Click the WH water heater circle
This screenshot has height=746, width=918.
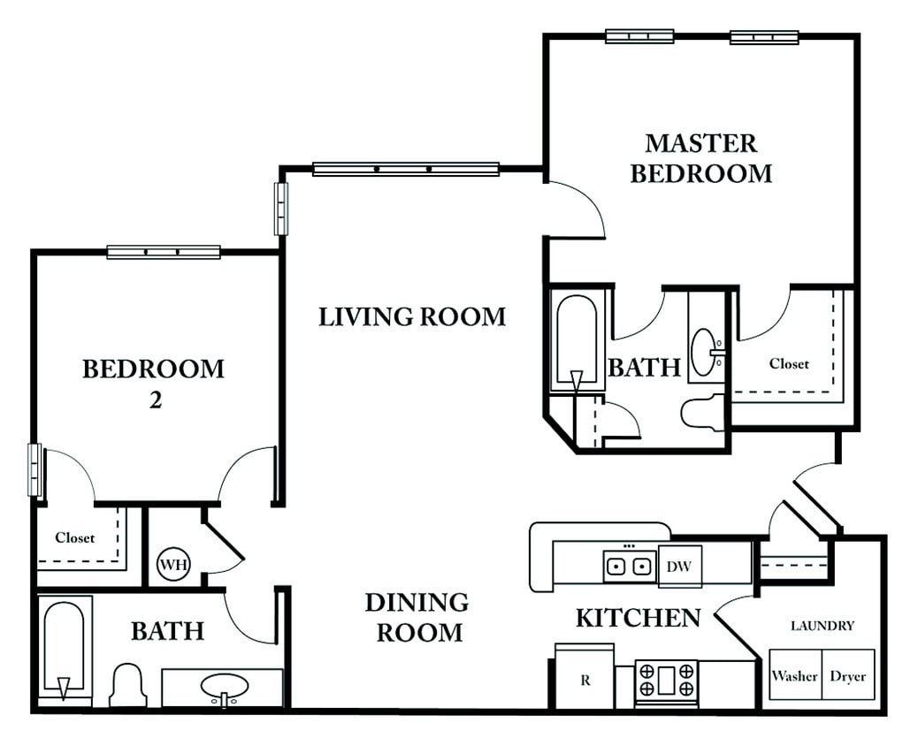click(x=174, y=565)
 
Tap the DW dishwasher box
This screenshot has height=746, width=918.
click(x=680, y=566)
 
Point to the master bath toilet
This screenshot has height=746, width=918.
click(x=703, y=413)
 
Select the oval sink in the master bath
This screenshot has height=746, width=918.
click(x=704, y=353)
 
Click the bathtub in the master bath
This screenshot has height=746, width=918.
click(x=576, y=342)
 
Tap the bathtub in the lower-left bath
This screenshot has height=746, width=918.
click(x=65, y=651)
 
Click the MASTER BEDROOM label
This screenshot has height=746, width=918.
click(x=700, y=158)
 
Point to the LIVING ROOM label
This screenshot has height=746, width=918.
click(x=412, y=316)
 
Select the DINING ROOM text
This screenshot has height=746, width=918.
click(x=417, y=617)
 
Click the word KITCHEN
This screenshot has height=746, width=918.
click(x=639, y=618)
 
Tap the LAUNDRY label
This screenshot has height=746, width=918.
click(x=822, y=626)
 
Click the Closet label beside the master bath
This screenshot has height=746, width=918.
click(x=789, y=364)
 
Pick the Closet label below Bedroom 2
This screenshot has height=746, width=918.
click(x=75, y=537)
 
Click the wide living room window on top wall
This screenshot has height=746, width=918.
click(x=406, y=169)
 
